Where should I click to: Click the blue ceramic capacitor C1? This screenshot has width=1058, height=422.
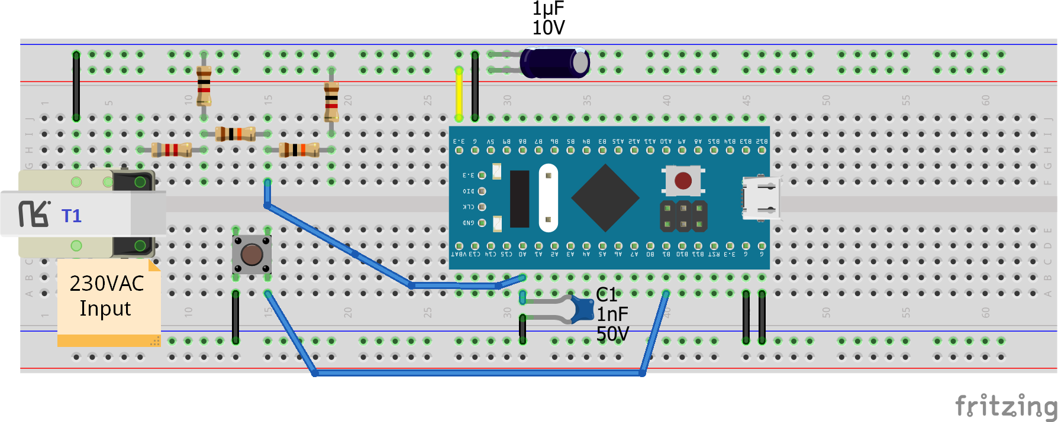[x=583, y=309]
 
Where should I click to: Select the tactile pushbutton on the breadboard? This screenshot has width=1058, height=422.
[x=251, y=254]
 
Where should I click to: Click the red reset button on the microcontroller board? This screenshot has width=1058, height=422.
[x=683, y=180]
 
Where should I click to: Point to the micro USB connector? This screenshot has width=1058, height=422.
[x=761, y=198]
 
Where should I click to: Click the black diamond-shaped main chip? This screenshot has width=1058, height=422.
[x=605, y=198]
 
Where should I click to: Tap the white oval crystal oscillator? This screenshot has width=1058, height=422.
[x=549, y=198]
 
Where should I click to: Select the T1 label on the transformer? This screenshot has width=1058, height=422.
[x=72, y=216]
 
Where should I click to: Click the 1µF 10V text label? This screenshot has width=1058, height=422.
[x=548, y=18]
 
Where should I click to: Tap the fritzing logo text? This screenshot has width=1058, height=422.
[x=1006, y=407]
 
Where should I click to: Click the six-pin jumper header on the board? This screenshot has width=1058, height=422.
[x=683, y=216]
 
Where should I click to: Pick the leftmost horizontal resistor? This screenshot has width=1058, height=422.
[x=172, y=150]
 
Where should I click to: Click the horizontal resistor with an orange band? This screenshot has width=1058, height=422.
[x=299, y=150]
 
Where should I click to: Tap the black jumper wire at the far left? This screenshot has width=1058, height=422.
[x=76, y=86]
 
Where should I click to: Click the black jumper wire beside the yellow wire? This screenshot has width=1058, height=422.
[x=475, y=86]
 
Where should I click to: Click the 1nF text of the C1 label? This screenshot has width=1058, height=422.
[x=612, y=314]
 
